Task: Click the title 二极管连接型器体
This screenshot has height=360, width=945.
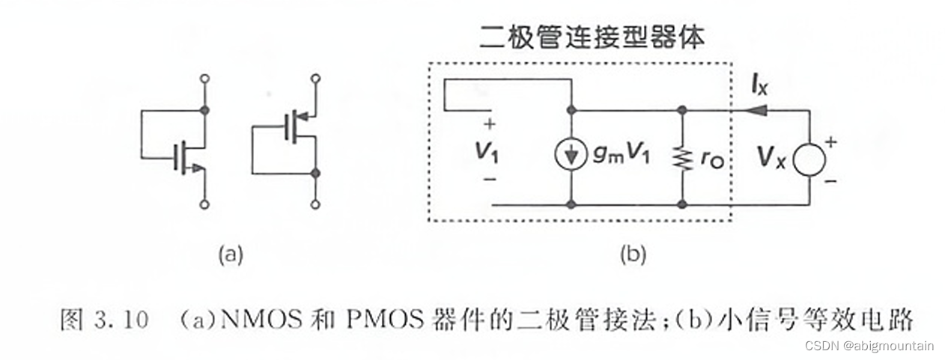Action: pos(592,37)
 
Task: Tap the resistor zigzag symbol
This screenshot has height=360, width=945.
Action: pos(681,158)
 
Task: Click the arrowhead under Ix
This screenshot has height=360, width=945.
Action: pos(759,110)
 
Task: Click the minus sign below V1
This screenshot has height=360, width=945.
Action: pos(490,180)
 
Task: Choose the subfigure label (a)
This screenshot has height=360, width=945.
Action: pos(230,254)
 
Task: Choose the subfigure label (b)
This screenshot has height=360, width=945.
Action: pos(632,254)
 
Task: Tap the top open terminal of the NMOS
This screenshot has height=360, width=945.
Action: pos(204,78)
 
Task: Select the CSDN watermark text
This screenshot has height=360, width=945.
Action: pos(869,346)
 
